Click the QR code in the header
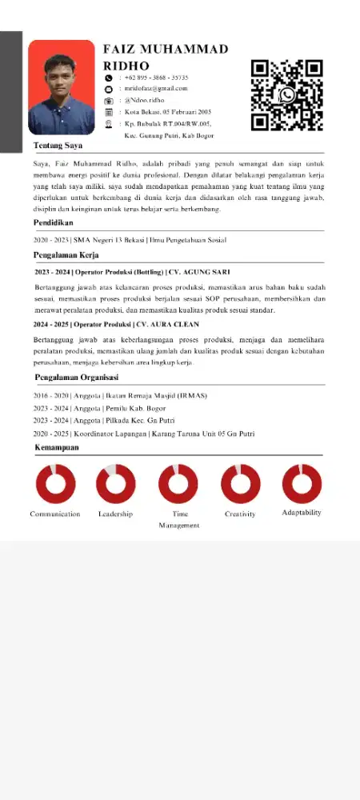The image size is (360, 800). [286, 95]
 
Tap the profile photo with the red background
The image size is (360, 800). [61, 87]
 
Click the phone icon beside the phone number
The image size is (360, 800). [109, 78]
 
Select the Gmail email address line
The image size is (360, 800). [156, 89]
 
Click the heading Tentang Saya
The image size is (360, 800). [58, 146]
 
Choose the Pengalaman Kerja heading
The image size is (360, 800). [66, 255]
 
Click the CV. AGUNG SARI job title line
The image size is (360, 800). [132, 272]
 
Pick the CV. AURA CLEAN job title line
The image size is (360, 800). [128, 325]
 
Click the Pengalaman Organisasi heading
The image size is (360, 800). [77, 377]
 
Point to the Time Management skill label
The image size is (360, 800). [179, 519]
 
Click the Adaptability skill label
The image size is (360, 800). [302, 512]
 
